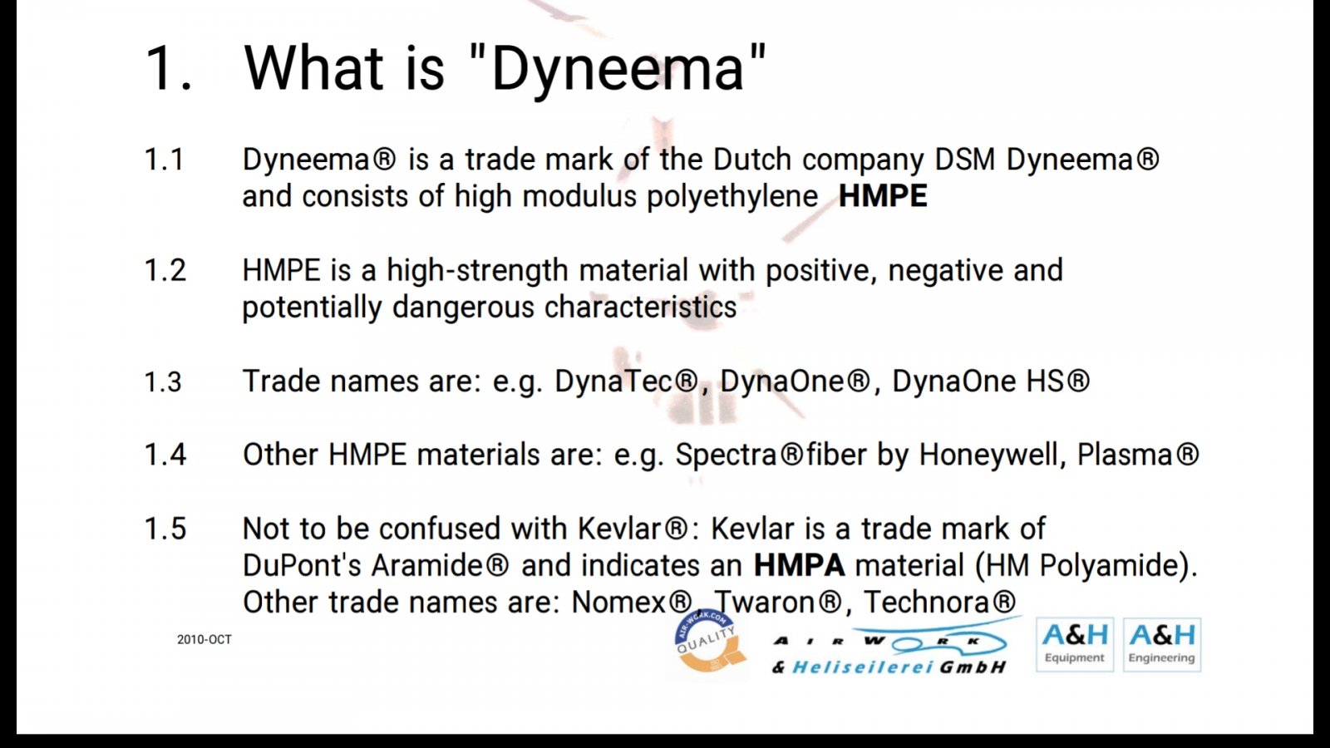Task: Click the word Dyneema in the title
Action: [x=618, y=70]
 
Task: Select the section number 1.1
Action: [x=164, y=160]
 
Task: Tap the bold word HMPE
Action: [x=882, y=196]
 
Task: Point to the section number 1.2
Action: [x=165, y=271]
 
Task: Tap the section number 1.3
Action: [x=163, y=381]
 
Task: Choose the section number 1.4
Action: [x=165, y=455]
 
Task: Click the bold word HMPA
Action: [x=799, y=566]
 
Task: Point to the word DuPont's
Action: [x=302, y=565]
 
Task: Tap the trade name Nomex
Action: [x=618, y=603]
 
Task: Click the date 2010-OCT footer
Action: [x=204, y=639]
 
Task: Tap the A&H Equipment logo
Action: [x=1075, y=645]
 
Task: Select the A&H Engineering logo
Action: [x=1161, y=645]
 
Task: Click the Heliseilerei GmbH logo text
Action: [x=889, y=667]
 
